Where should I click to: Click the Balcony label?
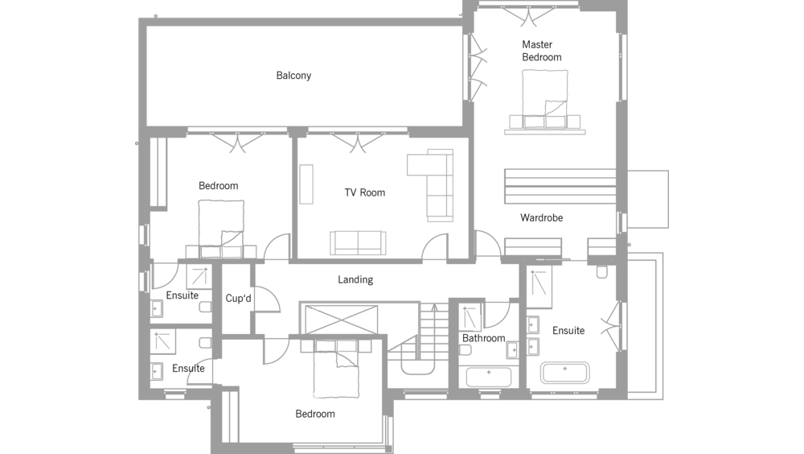click(293, 76)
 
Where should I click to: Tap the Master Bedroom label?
click(541, 51)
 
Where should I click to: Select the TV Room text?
click(364, 192)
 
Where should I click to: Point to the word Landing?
click(355, 280)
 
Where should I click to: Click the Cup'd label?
click(239, 299)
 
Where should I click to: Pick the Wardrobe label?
click(541, 218)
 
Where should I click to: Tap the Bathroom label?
click(483, 338)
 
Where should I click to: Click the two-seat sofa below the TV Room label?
click(358, 242)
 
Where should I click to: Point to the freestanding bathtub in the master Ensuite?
click(564, 373)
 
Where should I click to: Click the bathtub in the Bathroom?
click(489, 377)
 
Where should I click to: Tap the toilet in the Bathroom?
click(465, 350)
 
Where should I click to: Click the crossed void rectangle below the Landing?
click(341, 320)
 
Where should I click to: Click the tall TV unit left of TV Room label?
click(306, 184)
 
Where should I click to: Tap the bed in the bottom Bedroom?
click(336, 368)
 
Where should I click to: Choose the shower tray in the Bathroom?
click(470, 317)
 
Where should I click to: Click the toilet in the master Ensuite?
click(602, 270)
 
